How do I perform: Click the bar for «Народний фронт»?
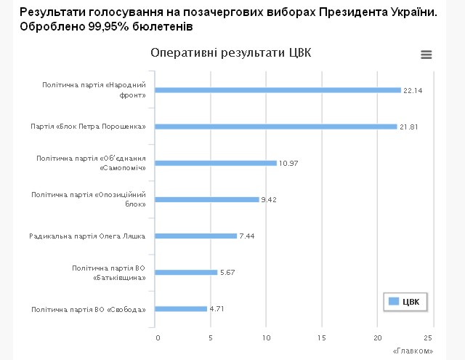[x=278, y=90]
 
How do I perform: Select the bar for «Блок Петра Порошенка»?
[x=276, y=127]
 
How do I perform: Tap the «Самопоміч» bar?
[x=216, y=163]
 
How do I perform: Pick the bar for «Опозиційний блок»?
[x=207, y=199]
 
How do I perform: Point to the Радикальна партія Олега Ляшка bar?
[x=196, y=236]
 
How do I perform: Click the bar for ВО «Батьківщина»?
[x=187, y=272]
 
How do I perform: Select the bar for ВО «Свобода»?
[x=181, y=308]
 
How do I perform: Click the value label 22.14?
[x=413, y=90]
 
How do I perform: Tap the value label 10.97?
[x=288, y=163]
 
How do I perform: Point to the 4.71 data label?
[x=217, y=308]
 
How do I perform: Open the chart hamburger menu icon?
[x=426, y=55]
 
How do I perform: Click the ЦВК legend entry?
[x=406, y=301]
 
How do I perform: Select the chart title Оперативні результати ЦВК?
[x=230, y=54]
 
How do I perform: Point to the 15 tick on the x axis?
[x=321, y=337]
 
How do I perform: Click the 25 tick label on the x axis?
[x=428, y=337]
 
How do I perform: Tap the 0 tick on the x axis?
[x=157, y=337]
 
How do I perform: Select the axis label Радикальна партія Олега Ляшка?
[x=87, y=236]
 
